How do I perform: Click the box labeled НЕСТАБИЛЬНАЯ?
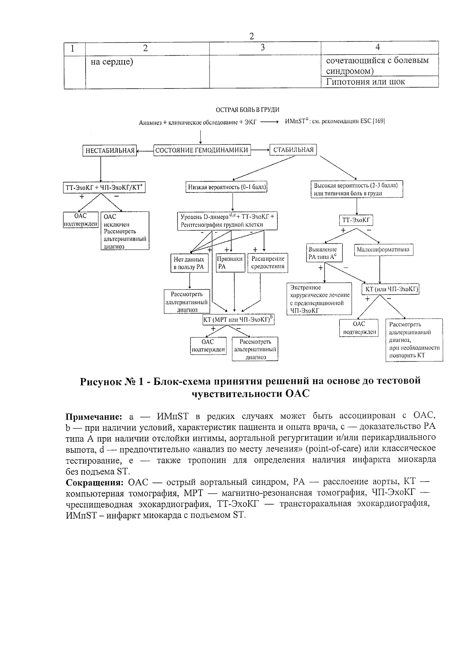pyautogui.click(x=110, y=150)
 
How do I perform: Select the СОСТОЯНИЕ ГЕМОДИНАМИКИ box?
pyautogui.click(x=202, y=150)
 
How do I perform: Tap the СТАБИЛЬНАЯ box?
pyautogui.click(x=293, y=150)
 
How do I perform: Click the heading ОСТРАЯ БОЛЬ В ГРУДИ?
pyautogui.click(x=248, y=110)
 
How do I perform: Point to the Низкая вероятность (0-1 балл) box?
pyautogui.click(x=227, y=187)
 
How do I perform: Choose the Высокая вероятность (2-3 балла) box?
pyautogui.click(x=356, y=189)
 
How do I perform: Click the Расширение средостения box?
pyautogui.click(x=268, y=263)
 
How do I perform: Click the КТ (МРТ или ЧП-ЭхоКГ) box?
pyautogui.click(x=238, y=320)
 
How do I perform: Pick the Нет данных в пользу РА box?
pyautogui.click(x=189, y=263)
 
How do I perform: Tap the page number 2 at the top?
pyautogui.click(x=251, y=36)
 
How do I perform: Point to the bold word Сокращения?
pyautogui.click(x=94, y=482)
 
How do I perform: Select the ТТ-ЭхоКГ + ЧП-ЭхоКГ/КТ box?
pyautogui.click(x=104, y=188)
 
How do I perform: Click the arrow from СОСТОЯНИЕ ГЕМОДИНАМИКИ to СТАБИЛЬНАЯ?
pyautogui.click(x=260, y=150)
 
